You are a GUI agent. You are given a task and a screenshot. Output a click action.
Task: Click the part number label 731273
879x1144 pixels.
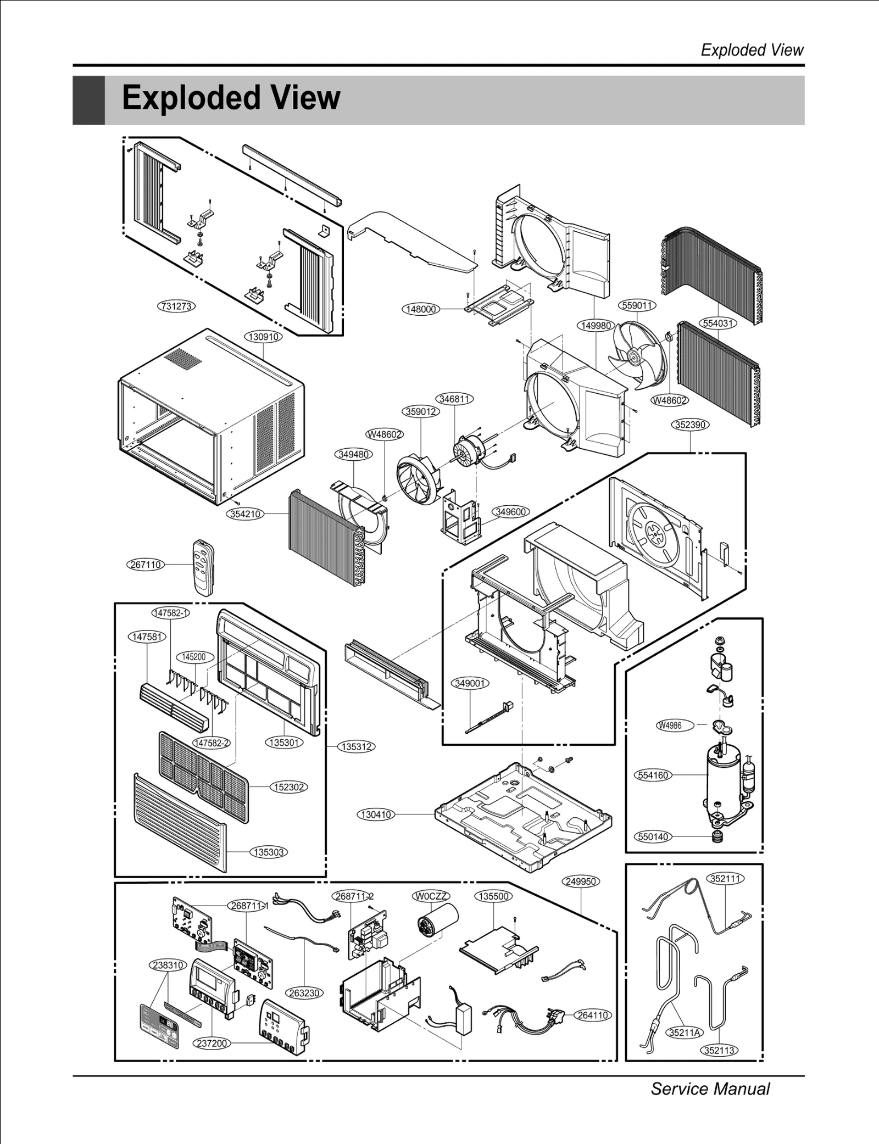(x=176, y=306)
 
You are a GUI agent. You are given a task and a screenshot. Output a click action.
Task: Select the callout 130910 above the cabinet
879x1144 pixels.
(x=264, y=337)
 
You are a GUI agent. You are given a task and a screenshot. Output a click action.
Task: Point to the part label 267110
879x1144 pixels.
(x=146, y=565)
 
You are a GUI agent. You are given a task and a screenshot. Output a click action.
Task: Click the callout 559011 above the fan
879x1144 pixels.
(x=637, y=305)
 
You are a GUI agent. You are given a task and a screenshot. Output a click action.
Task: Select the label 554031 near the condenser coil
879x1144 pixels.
(x=718, y=323)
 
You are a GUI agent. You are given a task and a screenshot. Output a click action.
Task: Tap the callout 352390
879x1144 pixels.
(x=691, y=425)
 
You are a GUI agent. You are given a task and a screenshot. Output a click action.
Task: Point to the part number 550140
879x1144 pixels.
(x=653, y=837)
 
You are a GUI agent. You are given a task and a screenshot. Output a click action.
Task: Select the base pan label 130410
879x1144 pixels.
(x=376, y=814)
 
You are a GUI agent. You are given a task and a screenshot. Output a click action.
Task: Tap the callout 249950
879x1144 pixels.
(x=581, y=881)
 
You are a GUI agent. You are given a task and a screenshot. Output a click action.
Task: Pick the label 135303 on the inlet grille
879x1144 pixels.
(x=269, y=852)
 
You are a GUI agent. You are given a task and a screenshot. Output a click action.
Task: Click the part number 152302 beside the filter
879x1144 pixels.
(x=289, y=787)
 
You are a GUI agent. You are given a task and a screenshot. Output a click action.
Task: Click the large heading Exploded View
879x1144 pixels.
(x=231, y=98)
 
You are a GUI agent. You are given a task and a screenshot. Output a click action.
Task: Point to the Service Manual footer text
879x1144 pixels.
(x=710, y=1089)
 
